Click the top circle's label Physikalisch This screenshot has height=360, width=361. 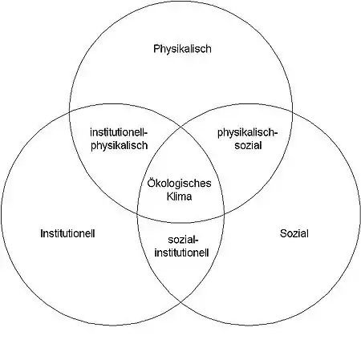pyautogui.click(x=182, y=49)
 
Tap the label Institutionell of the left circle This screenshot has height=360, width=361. pyautogui.click(x=67, y=233)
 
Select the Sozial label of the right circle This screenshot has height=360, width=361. pyautogui.click(x=294, y=233)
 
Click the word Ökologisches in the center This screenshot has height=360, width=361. pyautogui.click(x=179, y=184)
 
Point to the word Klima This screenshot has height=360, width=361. pyautogui.click(x=179, y=196)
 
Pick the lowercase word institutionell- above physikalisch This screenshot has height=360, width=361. pyautogui.click(x=119, y=132)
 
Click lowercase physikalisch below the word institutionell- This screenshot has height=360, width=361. pyautogui.click(x=120, y=146)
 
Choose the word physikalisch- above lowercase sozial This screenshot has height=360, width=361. pyautogui.click(x=246, y=133)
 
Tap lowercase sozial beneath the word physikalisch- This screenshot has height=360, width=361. pyautogui.click(x=248, y=146)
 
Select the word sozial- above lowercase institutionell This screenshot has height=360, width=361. pyautogui.click(x=183, y=240)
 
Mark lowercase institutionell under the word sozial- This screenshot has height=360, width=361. pyautogui.click(x=181, y=253)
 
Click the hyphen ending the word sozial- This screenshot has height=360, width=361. pyautogui.click(x=197, y=241)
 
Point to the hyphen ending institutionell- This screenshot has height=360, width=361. pyautogui.click(x=146, y=133)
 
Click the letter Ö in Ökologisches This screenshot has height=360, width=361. pyautogui.click(x=151, y=183)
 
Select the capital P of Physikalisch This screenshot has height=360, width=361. pyautogui.click(x=156, y=49)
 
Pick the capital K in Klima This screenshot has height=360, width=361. pyautogui.click(x=170, y=196)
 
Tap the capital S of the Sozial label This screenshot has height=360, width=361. pyautogui.click(x=283, y=233)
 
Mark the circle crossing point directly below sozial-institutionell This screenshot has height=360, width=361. pyautogui.click(x=180, y=302)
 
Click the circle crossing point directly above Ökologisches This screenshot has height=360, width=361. pyautogui.click(x=180, y=127)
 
